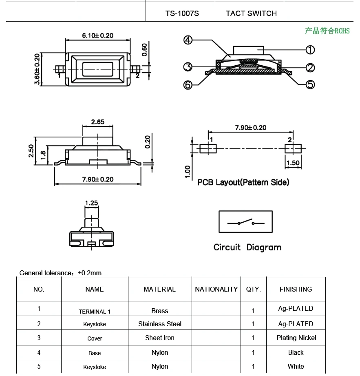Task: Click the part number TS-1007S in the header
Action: (182, 13)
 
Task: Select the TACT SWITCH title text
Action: (251, 13)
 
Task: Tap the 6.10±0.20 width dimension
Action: (98, 35)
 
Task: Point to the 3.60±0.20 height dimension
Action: (37, 69)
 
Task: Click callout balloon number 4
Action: (188, 40)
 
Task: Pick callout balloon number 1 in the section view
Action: (310, 50)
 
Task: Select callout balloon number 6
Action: (188, 85)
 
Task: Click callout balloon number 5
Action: (310, 84)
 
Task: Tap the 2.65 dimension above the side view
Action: (98, 122)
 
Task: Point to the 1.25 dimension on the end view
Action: (91, 203)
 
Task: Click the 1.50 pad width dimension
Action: (293, 163)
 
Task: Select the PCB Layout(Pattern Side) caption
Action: (243, 182)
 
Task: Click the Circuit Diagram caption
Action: (247, 247)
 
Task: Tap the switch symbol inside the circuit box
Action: (245, 223)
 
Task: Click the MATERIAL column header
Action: (159, 289)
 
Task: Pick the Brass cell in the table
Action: (159, 311)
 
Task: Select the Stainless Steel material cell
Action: (159, 324)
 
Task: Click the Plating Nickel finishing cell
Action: (296, 338)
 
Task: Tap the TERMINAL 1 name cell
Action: (95, 312)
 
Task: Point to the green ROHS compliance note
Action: (327, 31)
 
